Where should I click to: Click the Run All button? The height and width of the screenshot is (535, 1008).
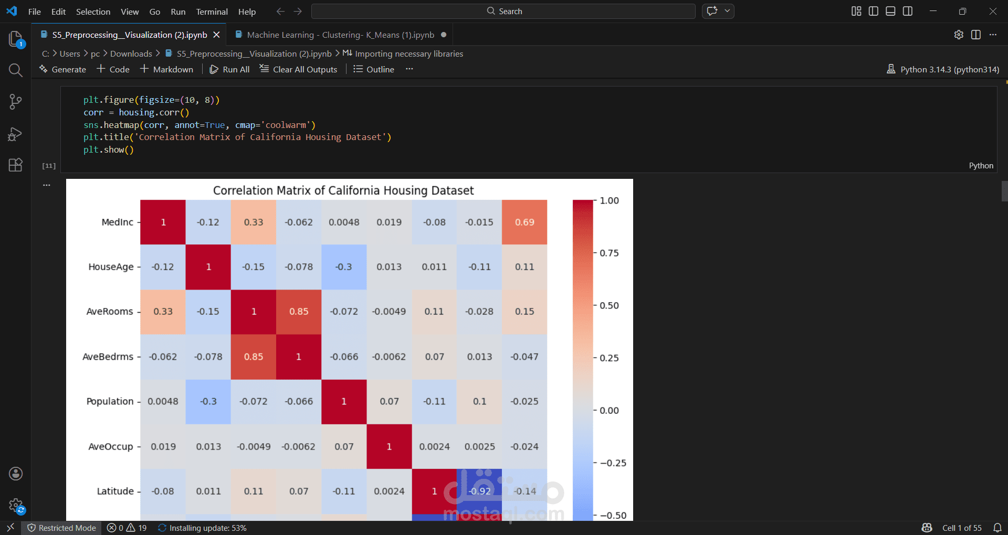(230, 69)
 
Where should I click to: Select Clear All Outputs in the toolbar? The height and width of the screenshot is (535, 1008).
(299, 69)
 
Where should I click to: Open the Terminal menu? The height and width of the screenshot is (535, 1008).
(212, 12)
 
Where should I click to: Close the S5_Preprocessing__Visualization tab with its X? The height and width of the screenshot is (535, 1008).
(216, 35)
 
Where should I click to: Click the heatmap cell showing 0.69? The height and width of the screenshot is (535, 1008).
(524, 222)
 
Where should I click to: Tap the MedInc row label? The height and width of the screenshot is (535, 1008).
(117, 222)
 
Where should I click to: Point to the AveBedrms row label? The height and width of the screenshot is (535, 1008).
(108, 357)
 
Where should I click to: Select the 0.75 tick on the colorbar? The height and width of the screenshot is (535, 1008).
(609, 253)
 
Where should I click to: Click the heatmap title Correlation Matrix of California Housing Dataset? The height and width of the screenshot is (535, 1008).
(343, 190)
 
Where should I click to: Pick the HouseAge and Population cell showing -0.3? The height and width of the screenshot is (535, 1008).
(344, 267)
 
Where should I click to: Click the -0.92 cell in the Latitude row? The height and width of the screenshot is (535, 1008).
(479, 491)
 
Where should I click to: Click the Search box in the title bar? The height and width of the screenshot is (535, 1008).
(503, 12)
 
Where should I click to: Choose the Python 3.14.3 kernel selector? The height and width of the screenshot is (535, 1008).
(943, 69)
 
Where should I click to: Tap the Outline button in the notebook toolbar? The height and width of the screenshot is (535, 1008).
(374, 69)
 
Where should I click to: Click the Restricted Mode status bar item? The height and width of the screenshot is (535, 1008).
(62, 528)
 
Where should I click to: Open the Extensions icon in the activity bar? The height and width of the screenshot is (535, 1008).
(16, 165)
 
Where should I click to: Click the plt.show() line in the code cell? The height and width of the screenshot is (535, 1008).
(109, 150)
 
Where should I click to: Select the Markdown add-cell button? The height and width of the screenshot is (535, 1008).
(166, 69)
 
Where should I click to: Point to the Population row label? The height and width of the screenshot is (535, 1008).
(110, 402)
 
